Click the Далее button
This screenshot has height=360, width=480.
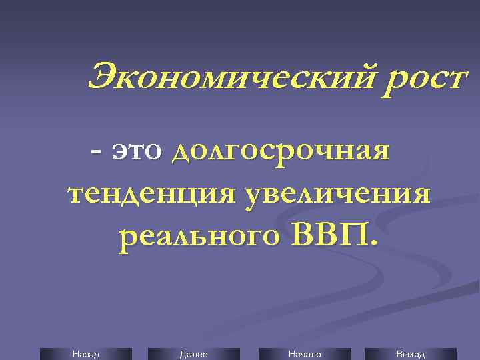(x=193, y=354)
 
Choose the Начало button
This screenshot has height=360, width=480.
(x=304, y=354)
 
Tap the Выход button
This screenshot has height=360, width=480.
(x=410, y=354)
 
